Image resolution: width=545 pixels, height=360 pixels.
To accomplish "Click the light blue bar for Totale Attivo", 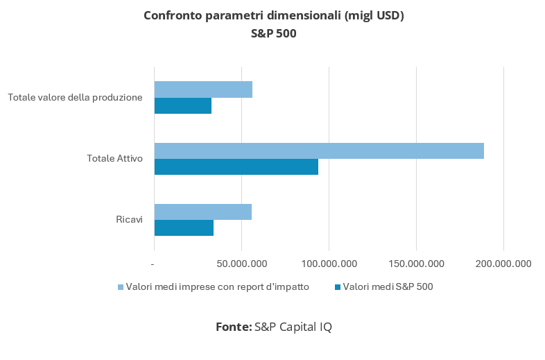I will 319,151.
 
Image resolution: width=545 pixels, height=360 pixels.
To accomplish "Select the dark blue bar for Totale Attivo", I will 236,166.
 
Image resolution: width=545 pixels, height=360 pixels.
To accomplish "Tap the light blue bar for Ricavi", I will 202,212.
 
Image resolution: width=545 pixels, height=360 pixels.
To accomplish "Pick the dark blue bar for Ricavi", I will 184,228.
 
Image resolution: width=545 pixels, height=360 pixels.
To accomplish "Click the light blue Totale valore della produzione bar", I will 203,89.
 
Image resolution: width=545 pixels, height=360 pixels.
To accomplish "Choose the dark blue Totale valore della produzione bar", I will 182,105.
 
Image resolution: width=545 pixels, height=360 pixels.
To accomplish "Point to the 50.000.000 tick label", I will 241,264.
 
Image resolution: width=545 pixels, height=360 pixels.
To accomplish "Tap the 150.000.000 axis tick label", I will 416,264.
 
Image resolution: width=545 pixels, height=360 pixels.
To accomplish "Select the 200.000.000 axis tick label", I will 503,264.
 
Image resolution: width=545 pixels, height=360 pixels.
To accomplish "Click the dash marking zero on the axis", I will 153,264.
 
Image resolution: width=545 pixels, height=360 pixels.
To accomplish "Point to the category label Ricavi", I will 129,220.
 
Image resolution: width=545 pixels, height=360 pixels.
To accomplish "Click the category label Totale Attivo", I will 114,159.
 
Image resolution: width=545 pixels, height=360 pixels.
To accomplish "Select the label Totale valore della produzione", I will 75,97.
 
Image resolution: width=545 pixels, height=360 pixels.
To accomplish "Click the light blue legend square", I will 120,286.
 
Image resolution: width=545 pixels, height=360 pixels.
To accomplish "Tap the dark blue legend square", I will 338,286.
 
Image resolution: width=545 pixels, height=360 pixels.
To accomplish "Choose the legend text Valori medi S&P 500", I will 388,286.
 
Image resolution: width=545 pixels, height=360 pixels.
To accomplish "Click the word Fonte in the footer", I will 233,327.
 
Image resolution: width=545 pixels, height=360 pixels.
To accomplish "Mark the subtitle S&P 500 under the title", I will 273,33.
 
